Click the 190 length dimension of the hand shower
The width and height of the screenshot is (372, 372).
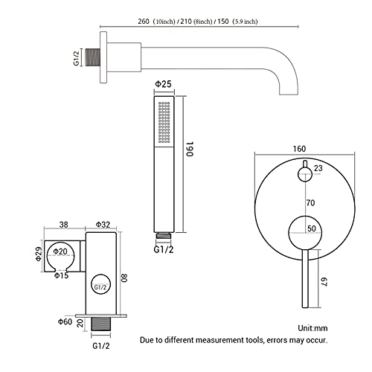coord(189,149)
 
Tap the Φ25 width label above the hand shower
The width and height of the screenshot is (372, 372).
coord(163,84)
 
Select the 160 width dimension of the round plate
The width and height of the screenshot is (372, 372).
coord(299,149)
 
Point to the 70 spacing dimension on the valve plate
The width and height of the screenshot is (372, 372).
coord(310,203)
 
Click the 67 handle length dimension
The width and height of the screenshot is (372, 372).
coord(324,281)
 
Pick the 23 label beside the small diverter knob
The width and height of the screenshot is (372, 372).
coord(318,168)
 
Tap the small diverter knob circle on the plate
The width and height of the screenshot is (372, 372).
coord(305,174)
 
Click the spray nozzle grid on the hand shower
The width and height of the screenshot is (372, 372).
coord(164,122)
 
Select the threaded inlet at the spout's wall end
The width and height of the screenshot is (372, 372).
coord(92,57)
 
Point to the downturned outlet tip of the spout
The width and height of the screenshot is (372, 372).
coord(289,93)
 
